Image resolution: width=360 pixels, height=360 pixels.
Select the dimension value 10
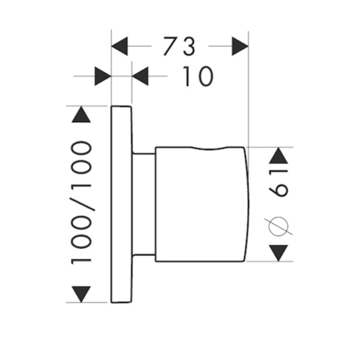coord(197,76)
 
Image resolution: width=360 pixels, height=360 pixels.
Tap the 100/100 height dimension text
coord(81,203)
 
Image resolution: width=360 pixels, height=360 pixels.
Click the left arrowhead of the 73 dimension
coord(121,46)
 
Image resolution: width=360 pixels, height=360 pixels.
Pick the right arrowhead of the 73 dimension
coord(240,46)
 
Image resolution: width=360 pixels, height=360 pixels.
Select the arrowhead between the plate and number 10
coord(140,76)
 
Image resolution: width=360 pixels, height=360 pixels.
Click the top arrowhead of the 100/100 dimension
coord(81,114)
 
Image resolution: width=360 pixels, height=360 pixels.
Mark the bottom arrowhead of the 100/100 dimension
coord(81,294)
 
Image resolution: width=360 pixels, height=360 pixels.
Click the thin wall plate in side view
coord(122,204)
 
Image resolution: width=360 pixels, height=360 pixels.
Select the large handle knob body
coord(198,204)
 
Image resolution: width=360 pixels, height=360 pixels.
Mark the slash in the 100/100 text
coord(81,203)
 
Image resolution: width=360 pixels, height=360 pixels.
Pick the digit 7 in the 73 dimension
coord(170,46)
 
